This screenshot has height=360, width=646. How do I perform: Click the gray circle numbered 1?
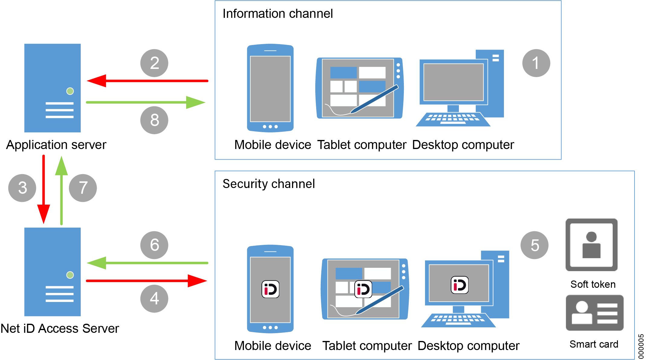(x=536, y=63)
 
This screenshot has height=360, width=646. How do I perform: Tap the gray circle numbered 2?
(x=154, y=63)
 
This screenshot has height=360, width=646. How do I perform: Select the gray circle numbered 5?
(x=534, y=245)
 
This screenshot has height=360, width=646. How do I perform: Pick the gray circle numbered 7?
(x=83, y=188)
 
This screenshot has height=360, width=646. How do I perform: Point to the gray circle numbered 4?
(x=154, y=299)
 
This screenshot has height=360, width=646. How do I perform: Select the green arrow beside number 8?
(x=145, y=102)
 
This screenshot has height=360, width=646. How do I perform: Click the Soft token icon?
(x=591, y=245)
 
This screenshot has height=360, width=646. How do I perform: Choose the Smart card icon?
(x=594, y=313)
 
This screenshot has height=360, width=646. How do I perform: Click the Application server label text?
(x=56, y=145)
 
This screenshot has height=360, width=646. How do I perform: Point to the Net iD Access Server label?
(x=60, y=329)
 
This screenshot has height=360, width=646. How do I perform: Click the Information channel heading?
(x=278, y=14)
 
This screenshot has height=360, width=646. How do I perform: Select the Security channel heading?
(x=268, y=184)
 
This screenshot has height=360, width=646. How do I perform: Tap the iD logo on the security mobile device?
(x=270, y=289)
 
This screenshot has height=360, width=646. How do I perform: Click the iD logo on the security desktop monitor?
(x=459, y=285)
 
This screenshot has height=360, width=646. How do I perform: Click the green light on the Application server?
(x=70, y=91)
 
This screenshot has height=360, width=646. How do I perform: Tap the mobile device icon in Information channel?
(x=270, y=88)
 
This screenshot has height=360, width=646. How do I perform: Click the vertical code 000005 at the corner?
(x=641, y=346)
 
